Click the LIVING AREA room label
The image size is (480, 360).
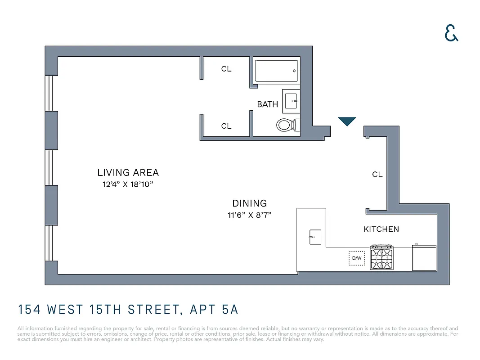coord(128,172)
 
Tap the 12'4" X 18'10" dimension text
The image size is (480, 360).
coord(128,184)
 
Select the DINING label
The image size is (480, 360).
coord(249,203)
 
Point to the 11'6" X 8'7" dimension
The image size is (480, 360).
coord(249,215)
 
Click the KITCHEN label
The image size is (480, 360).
coord(381,229)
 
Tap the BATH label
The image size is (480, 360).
coord(267,104)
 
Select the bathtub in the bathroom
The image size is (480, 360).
coord(276,71)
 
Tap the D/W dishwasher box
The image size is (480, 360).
coord(357,258)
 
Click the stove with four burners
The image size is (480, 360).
coord(382,258)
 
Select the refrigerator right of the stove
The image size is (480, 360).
coord(424,258)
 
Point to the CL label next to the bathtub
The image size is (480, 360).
coord(226,69)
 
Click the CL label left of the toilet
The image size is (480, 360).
coord(226,126)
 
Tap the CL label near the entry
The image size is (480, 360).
coord(377,175)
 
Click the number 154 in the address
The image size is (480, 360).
coord(30,310)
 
